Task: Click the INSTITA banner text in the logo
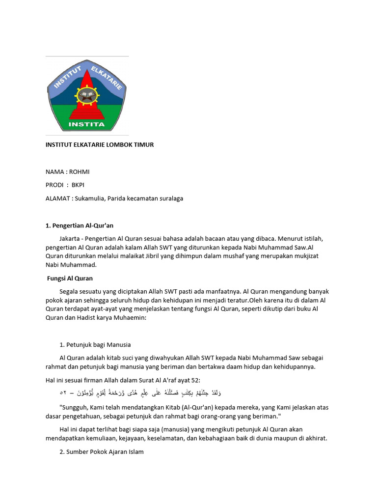pyautogui.click(x=87, y=124)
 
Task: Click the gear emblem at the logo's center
pyautogui.click(x=87, y=95)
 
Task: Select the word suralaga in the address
pyautogui.click(x=169, y=198)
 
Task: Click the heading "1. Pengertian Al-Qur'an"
pyautogui.click(x=80, y=225)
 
